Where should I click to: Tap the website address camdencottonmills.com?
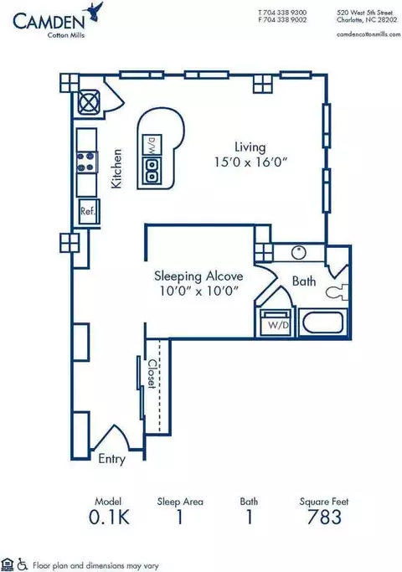click(x=368, y=34)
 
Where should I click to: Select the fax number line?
click(x=283, y=20)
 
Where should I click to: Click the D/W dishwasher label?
click(x=152, y=145)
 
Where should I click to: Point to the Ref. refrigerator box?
click(x=88, y=211)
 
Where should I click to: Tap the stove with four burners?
click(x=87, y=162)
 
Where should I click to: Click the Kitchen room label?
click(x=116, y=168)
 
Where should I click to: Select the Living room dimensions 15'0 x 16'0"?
click(x=251, y=162)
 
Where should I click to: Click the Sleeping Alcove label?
click(x=198, y=276)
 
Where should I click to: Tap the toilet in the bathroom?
click(x=338, y=292)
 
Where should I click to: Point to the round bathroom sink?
click(x=299, y=252)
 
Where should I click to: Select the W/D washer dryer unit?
click(x=276, y=322)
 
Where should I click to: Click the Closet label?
click(x=152, y=374)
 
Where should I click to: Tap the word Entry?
click(x=111, y=459)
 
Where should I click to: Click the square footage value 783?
click(x=324, y=517)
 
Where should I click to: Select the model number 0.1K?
click(x=109, y=517)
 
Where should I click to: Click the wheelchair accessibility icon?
click(x=23, y=564)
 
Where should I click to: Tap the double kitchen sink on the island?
click(x=152, y=170)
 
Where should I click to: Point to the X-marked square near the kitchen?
click(x=89, y=101)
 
